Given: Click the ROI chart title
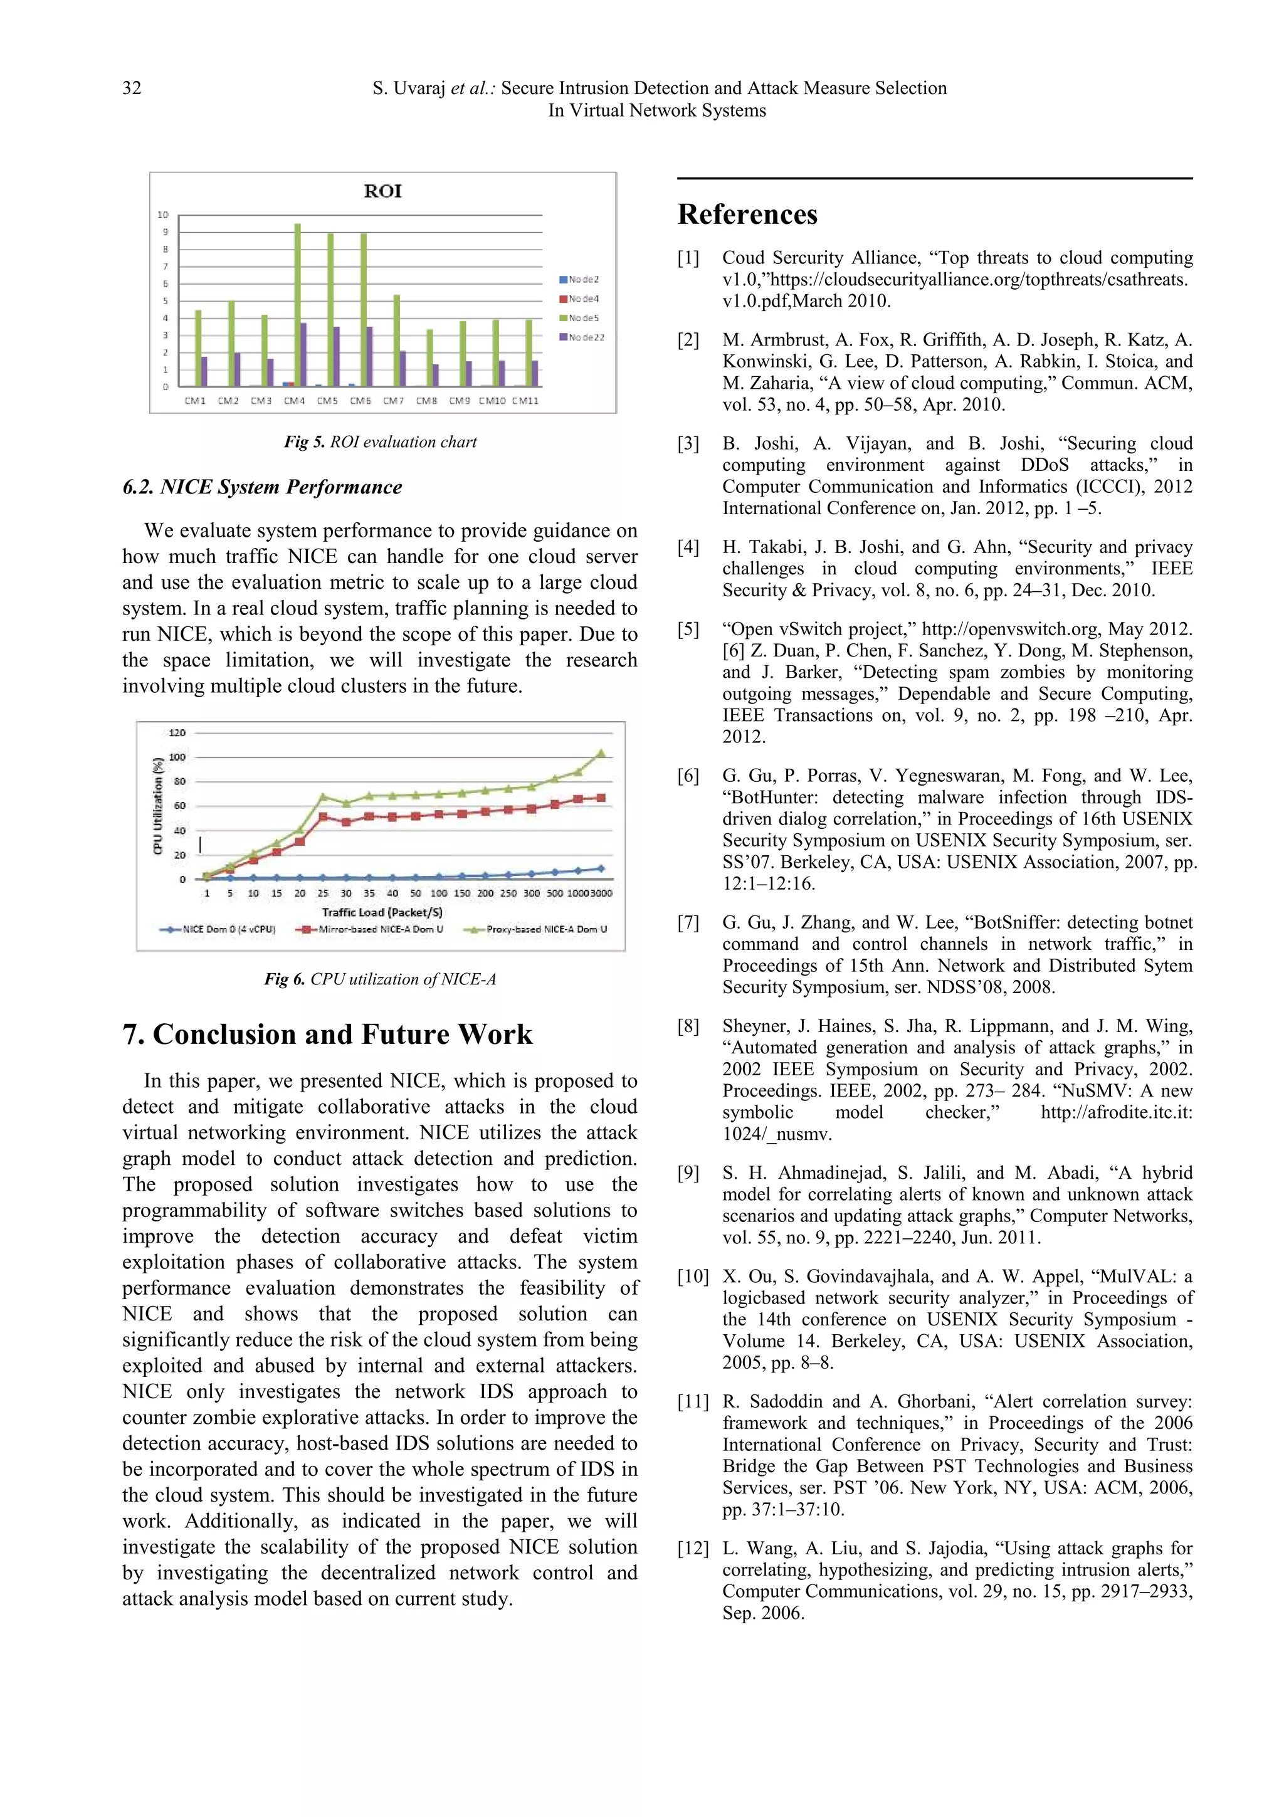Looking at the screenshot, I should pyautogui.click(x=383, y=191).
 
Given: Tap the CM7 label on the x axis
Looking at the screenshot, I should pyautogui.click(x=393, y=401).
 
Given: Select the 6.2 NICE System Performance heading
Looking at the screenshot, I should pyautogui.click(x=262, y=487).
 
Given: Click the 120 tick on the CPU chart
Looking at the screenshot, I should pyautogui.click(x=177, y=733).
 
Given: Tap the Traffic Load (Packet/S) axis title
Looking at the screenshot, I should pyautogui.click(x=382, y=912).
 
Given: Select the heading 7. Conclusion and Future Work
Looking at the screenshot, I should pyautogui.click(x=327, y=1035).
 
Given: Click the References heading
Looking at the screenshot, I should pyautogui.click(x=747, y=214).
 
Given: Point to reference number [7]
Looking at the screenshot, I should pyautogui.click(x=688, y=923).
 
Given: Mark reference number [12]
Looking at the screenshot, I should pyautogui.click(x=692, y=1549).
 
